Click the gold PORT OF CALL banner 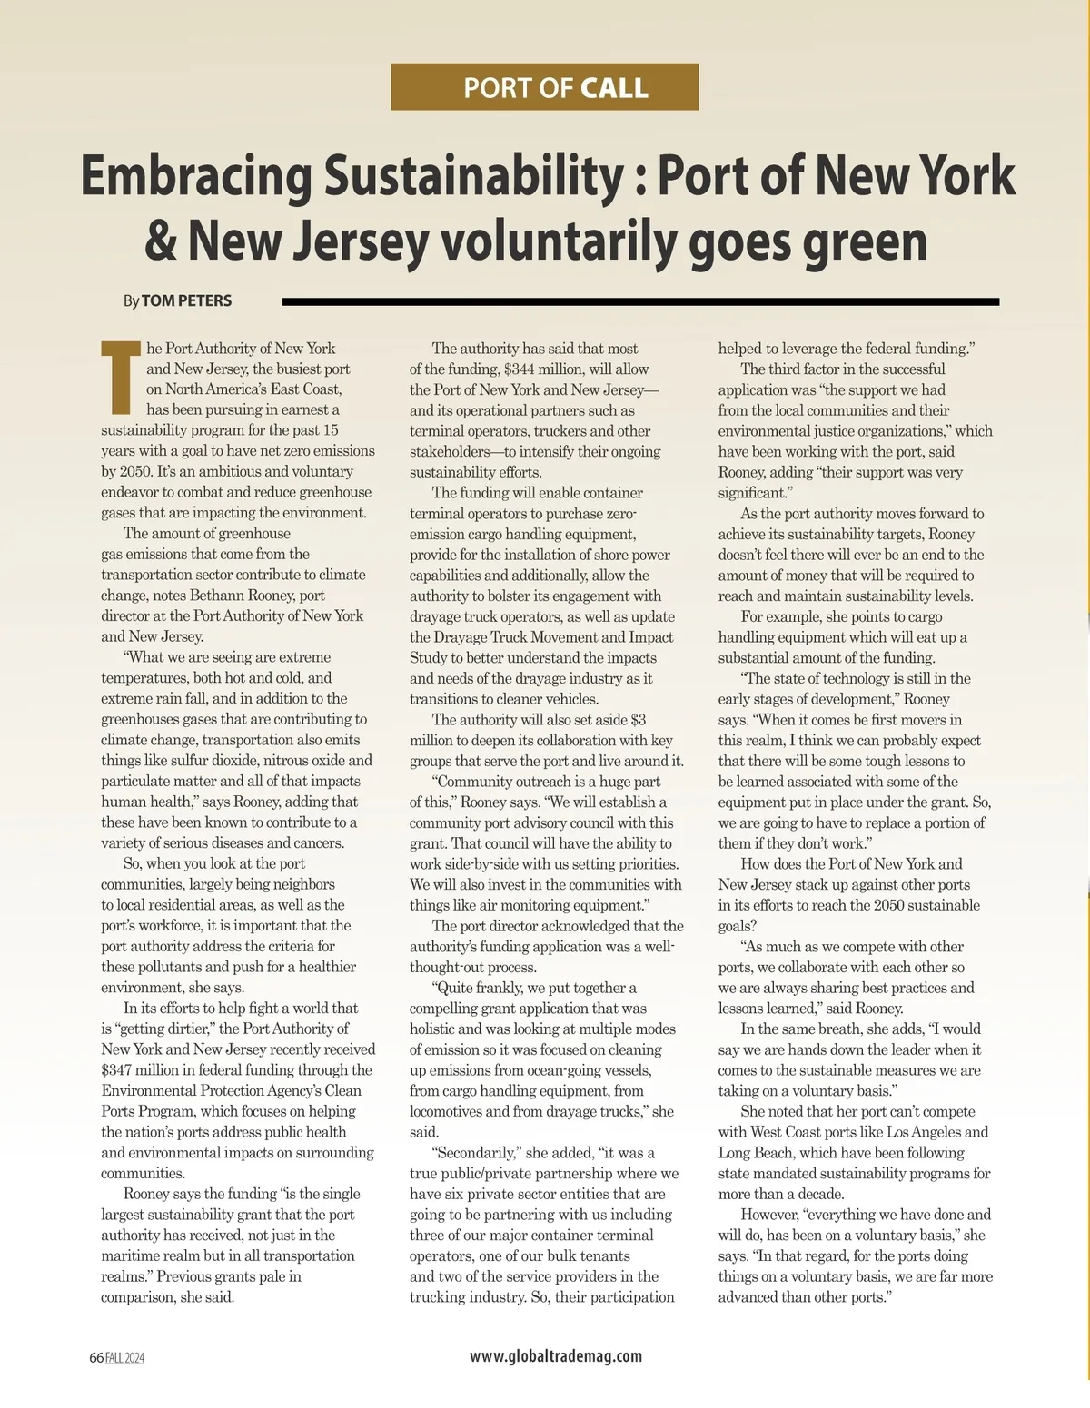544,87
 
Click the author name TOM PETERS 186,300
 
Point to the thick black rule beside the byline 640,301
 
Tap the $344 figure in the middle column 525,369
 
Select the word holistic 431,1029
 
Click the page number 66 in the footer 95,1358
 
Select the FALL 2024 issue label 125,1358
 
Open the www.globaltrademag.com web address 555,1356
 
